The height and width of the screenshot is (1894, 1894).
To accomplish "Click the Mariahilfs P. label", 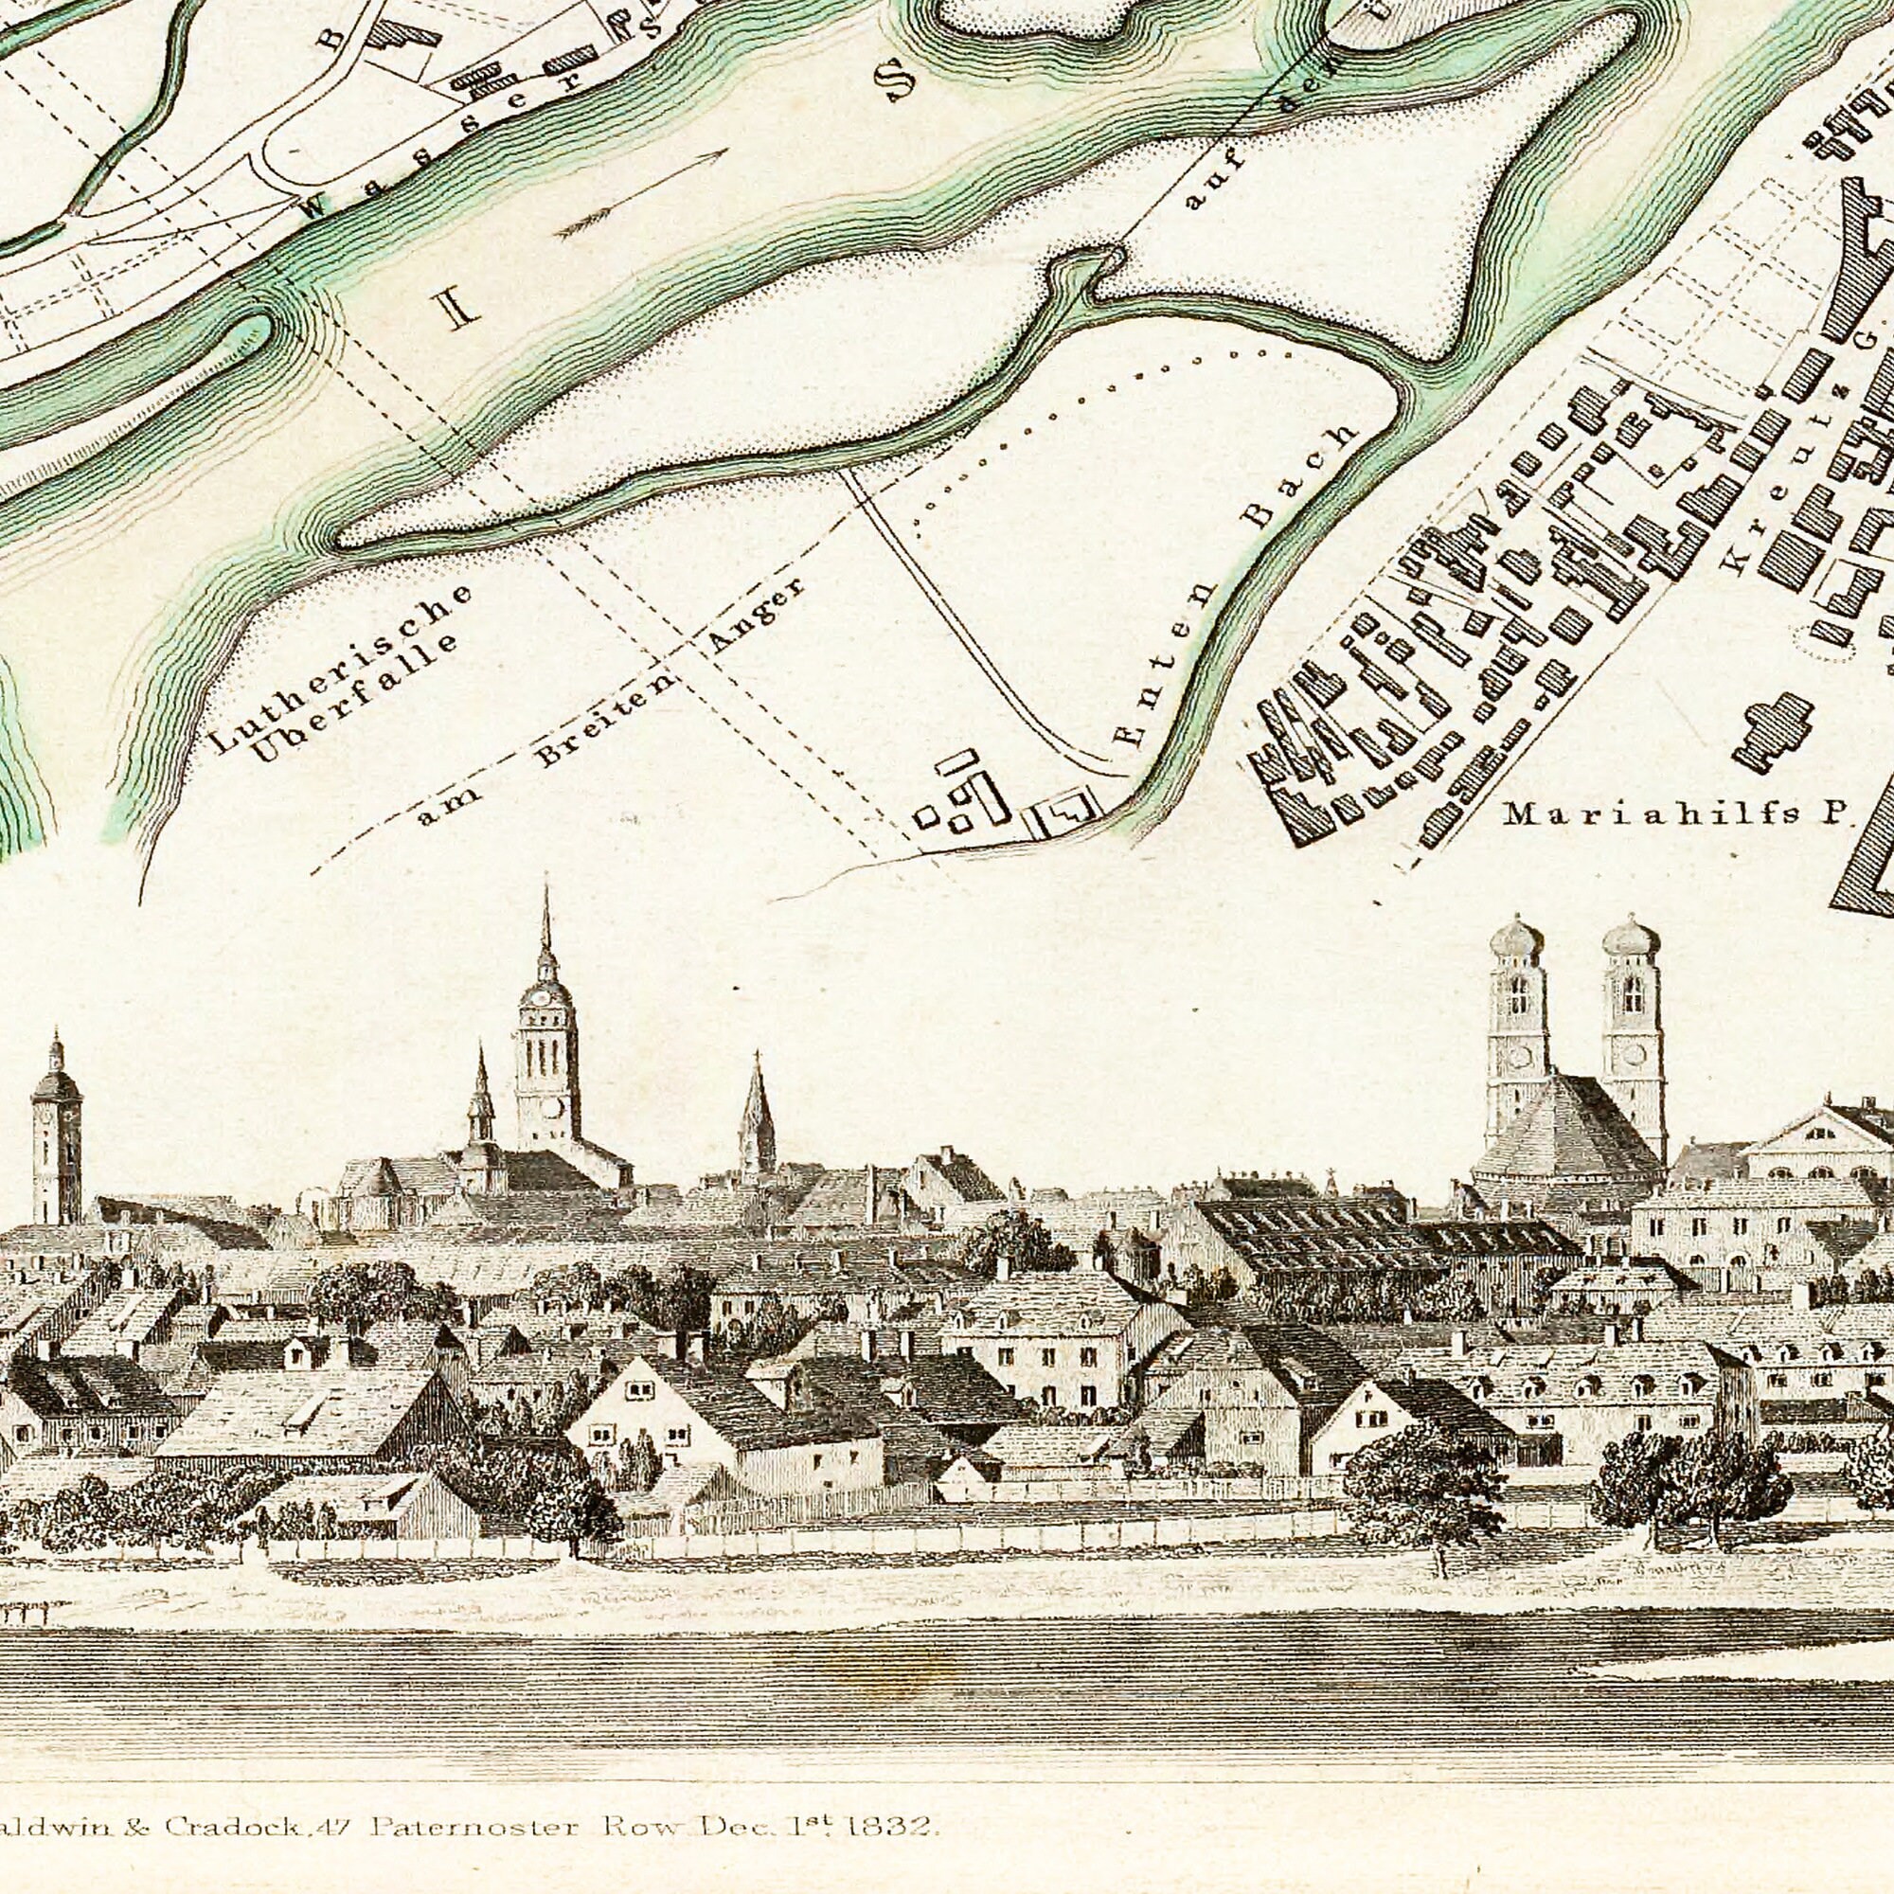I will tap(1676, 813).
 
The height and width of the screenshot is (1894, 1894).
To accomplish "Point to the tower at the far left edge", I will tap(56, 1127).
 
